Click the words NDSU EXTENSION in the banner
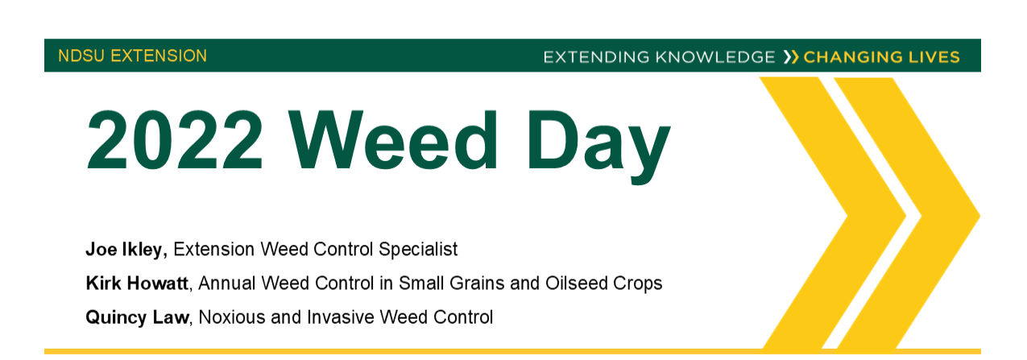(132, 56)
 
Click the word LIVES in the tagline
(934, 57)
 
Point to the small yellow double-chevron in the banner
(791, 57)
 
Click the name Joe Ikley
(125, 250)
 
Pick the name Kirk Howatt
(137, 283)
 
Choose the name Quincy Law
(137, 317)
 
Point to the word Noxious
(230, 317)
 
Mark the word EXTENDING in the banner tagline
(597, 57)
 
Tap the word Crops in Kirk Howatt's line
(640, 283)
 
